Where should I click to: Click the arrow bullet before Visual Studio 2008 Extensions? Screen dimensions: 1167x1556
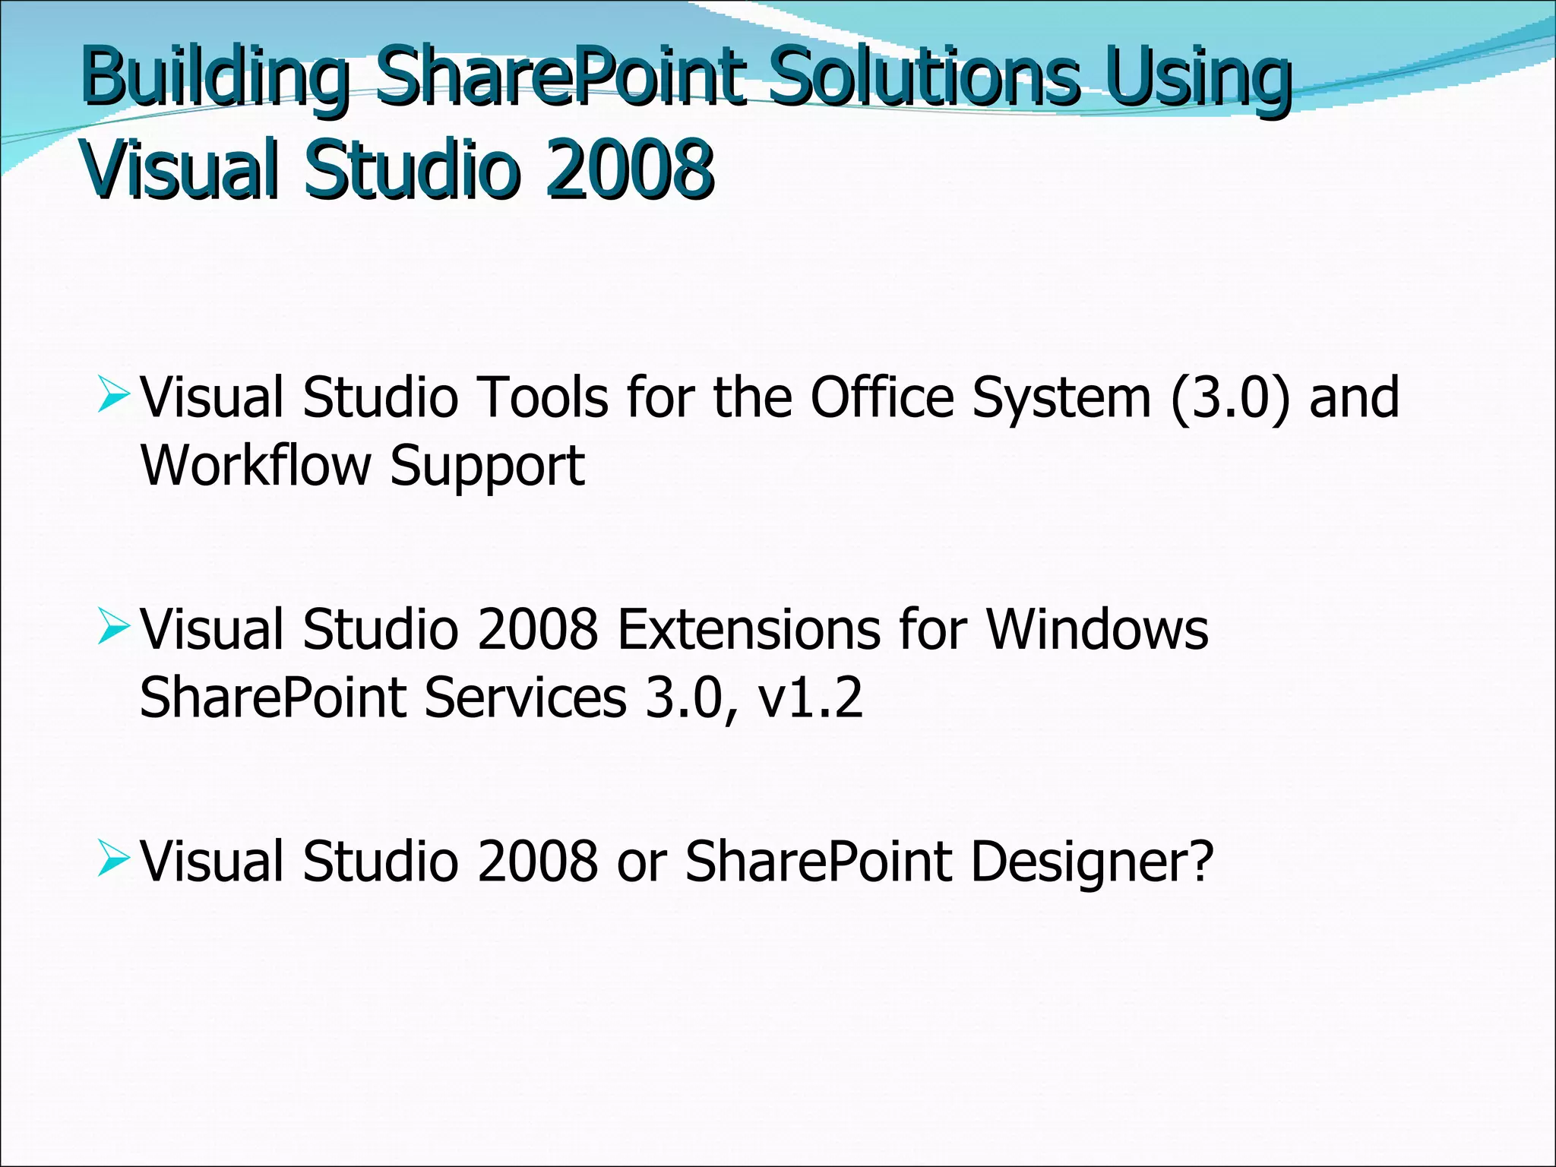click(x=114, y=629)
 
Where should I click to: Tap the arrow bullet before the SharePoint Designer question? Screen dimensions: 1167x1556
click(x=114, y=861)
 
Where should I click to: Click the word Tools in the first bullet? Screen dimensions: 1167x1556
click(x=542, y=397)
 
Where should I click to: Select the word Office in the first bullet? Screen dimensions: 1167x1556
click(x=882, y=397)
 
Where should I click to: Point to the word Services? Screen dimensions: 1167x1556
click(x=525, y=697)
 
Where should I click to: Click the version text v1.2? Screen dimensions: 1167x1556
click(x=811, y=697)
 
